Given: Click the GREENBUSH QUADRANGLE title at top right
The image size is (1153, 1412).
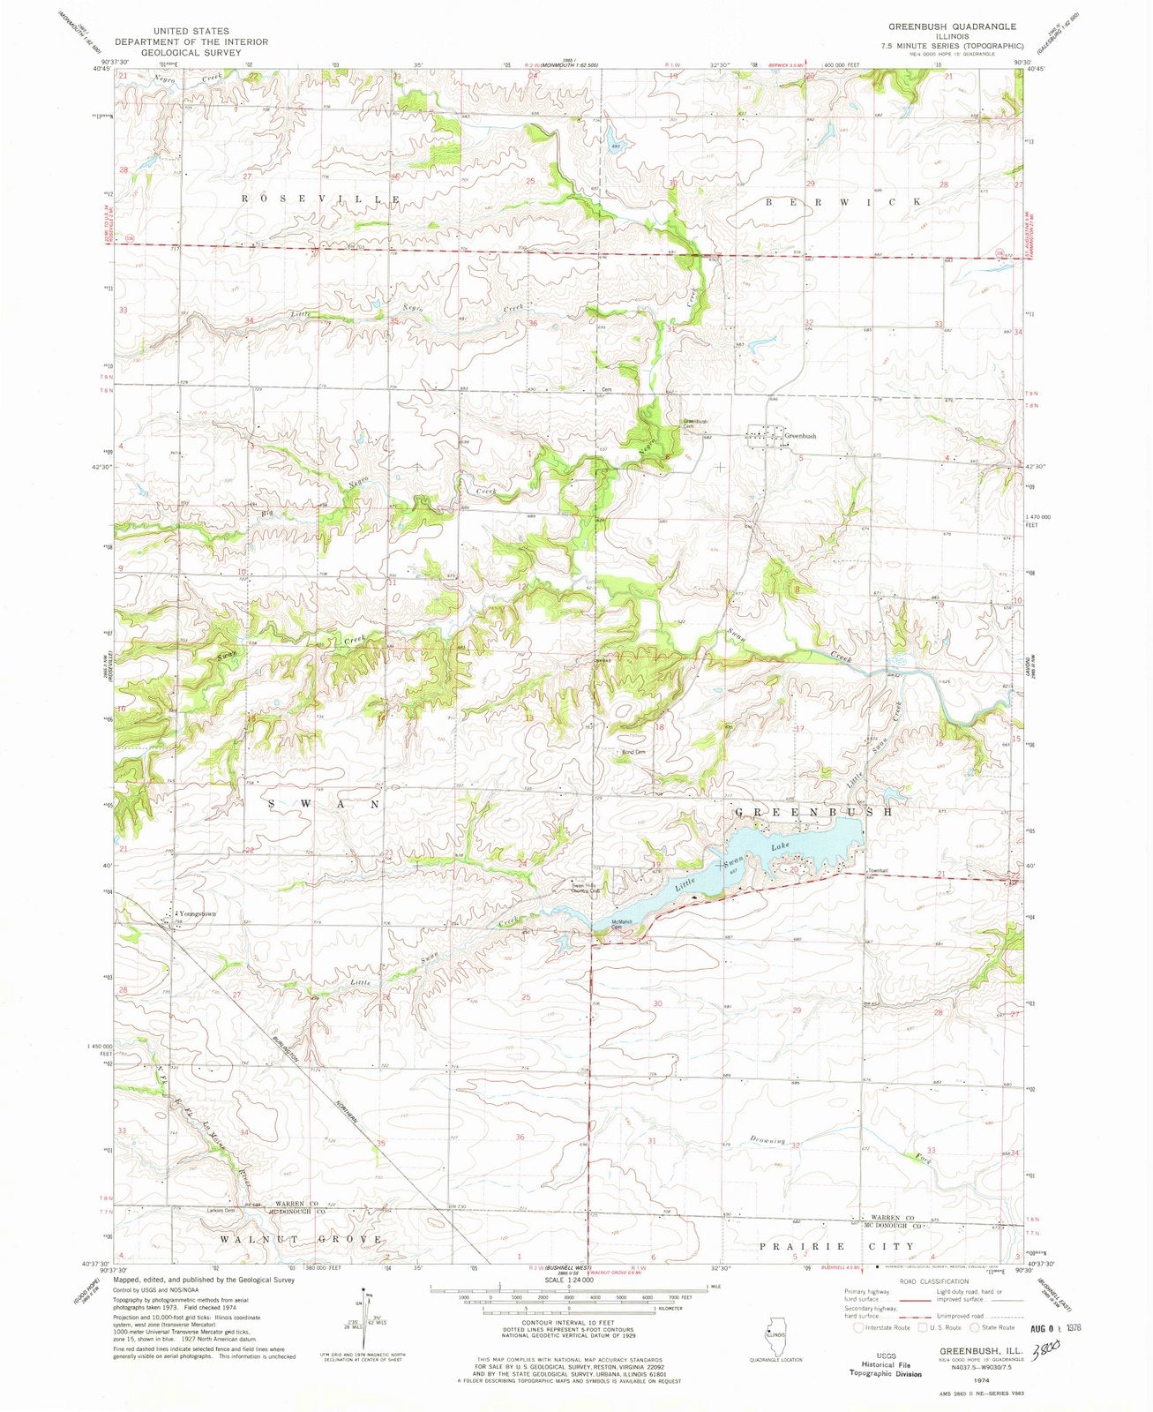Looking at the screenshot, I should coord(940,27).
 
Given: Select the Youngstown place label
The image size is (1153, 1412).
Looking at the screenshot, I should coord(198,913).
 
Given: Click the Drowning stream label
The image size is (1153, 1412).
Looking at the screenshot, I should coord(767,1141).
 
